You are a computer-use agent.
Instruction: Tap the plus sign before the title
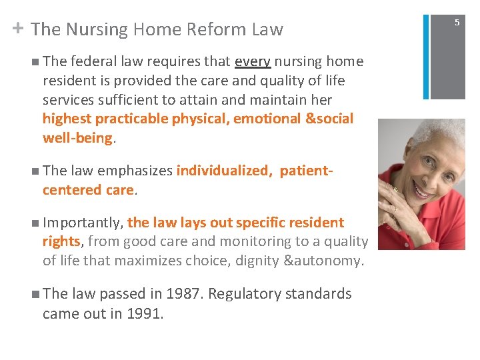point(17,28)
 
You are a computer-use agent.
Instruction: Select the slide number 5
point(457,23)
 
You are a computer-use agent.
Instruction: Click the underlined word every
point(253,62)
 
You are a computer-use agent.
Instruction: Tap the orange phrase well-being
point(77,138)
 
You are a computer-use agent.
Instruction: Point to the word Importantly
point(83,223)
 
